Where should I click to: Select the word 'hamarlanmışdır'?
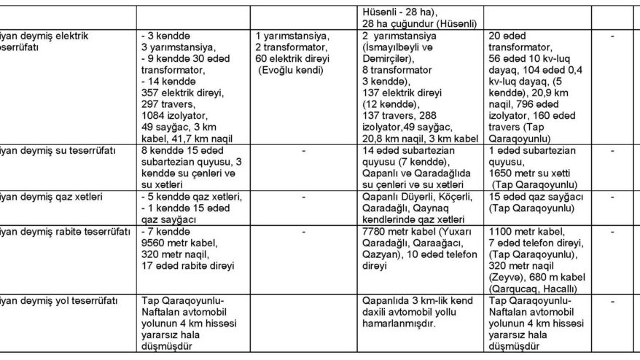[397, 323]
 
